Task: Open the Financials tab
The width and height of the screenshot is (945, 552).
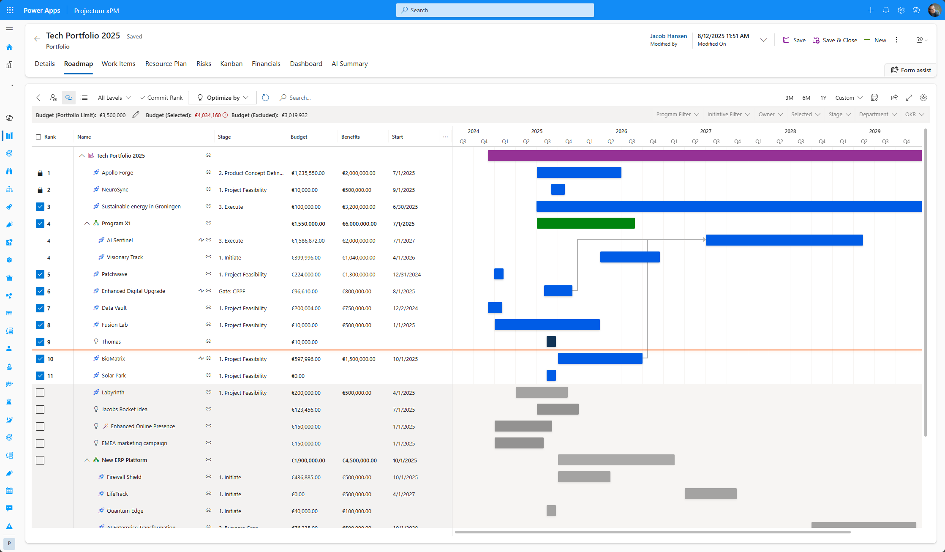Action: click(x=266, y=63)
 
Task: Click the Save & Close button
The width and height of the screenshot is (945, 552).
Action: click(x=835, y=40)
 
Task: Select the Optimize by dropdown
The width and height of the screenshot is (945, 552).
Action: click(x=222, y=98)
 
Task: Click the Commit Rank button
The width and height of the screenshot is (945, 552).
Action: click(x=161, y=98)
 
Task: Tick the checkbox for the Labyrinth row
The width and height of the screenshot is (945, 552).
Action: click(x=40, y=393)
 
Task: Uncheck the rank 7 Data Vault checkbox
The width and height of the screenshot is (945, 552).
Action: click(x=40, y=308)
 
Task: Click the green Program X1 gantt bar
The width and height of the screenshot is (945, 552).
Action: click(x=586, y=223)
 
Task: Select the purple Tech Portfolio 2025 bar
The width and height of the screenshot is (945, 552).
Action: click(x=704, y=156)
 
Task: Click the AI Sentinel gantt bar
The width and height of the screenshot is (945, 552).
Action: click(x=784, y=240)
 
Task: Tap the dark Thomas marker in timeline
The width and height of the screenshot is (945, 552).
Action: click(x=551, y=342)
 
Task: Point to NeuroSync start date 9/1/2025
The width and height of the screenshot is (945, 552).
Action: click(x=404, y=190)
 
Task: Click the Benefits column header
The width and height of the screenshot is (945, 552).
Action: click(x=351, y=137)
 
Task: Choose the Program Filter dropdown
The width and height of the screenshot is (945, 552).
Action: click(x=677, y=115)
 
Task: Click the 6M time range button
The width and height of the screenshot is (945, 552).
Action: click(x=806, y=98)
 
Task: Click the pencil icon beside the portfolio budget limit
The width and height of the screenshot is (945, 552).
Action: click(x=136, y=115)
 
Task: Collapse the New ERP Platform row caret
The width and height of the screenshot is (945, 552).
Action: click(x=87, y=460)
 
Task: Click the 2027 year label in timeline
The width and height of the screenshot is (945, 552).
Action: click(x=705, y=131)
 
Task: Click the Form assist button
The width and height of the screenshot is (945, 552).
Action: click(x=911, y=70)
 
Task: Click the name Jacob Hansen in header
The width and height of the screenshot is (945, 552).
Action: click(x=668, y=36)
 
